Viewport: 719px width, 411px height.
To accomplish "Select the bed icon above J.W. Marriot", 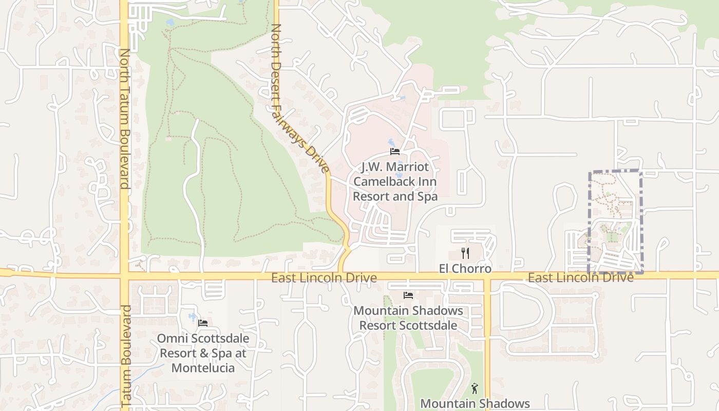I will (x=395, y=151).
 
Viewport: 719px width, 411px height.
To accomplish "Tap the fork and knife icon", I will (x=465, y=253).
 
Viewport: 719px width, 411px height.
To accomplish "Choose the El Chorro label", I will (x=465, y=269).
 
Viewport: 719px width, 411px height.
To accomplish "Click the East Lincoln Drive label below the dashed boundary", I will (x=580, y=277).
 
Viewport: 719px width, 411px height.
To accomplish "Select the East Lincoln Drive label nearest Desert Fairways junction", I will (x=324, y=278).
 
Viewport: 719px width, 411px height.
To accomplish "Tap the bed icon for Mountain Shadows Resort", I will (x=408, y=295).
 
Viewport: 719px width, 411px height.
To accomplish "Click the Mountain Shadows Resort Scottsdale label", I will (x=408, y=318).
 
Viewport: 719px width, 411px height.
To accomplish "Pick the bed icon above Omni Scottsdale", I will (x=203, y=323).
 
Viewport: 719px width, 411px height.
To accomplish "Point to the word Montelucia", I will (x=203, y=368).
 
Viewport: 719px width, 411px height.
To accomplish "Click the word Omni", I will (x=171, y=339).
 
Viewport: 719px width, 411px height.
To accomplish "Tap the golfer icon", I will (x=475, y=388).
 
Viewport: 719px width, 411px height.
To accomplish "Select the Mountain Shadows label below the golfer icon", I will (x=475, y=403).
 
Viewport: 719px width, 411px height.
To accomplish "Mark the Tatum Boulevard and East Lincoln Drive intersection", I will (x=124, y=276).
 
